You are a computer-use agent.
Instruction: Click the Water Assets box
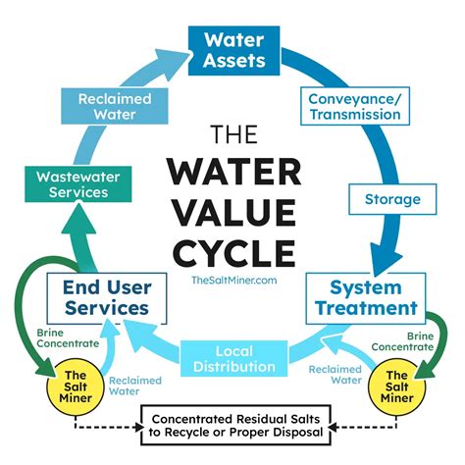[233, 51]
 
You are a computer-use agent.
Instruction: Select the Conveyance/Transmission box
[355, 106]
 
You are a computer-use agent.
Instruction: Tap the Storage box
[392, 199]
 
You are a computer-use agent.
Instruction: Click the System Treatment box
[366, 298]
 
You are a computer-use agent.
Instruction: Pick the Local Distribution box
[234, 359]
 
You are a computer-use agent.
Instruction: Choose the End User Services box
[107, 298]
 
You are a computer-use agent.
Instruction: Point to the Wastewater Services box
[78, 184]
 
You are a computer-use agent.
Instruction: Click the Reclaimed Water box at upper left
[115, 106]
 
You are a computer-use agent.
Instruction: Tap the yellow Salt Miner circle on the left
[76, 387]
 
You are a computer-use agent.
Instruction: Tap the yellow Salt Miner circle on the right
[397, 387]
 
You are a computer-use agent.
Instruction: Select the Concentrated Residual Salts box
[235, 425]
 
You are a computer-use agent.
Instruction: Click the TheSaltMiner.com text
[234, 281]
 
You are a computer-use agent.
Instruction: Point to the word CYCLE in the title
[234, 253]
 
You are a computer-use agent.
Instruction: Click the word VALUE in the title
[234, 212]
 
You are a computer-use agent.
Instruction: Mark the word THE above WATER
[234, 134]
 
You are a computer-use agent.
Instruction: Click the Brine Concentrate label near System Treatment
[402, 341]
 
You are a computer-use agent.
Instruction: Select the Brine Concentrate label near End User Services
[68, 338]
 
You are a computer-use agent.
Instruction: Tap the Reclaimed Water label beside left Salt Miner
[135, 386]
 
